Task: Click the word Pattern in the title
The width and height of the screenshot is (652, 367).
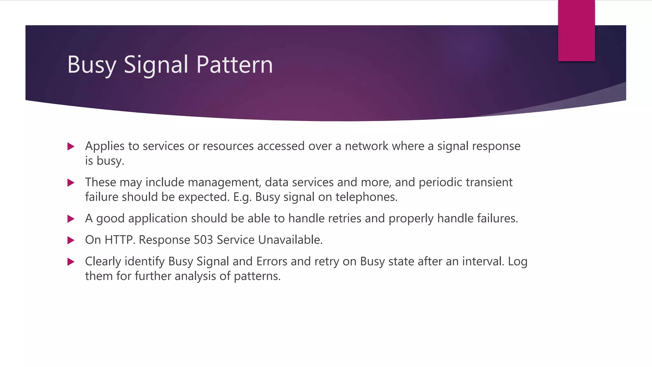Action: pyautogui.click(x=235, y=65)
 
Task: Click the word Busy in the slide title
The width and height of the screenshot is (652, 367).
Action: pyautogui.click(x=92, y=65)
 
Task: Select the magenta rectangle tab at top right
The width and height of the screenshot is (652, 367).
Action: pyautogui.click(x=576, y=31)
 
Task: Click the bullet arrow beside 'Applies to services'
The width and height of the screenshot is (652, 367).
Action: pyautogui.click(x=71, y=147)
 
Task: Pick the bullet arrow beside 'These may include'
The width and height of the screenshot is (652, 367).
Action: pyautogui.click(x=71, y=183)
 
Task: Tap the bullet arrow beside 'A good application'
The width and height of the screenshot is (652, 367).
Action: pyautogui.click(x=71, y=219)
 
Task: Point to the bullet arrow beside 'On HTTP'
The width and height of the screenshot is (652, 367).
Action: pyautogui.click(x=71, y=240)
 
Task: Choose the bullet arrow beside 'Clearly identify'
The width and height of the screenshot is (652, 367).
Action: pyautogui.click(x=71, y=262)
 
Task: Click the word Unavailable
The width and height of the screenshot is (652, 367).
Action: pyautogui.click(x=290, y=240)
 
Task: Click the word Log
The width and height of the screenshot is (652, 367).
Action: pyautogui.click(x=518, y=261)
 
